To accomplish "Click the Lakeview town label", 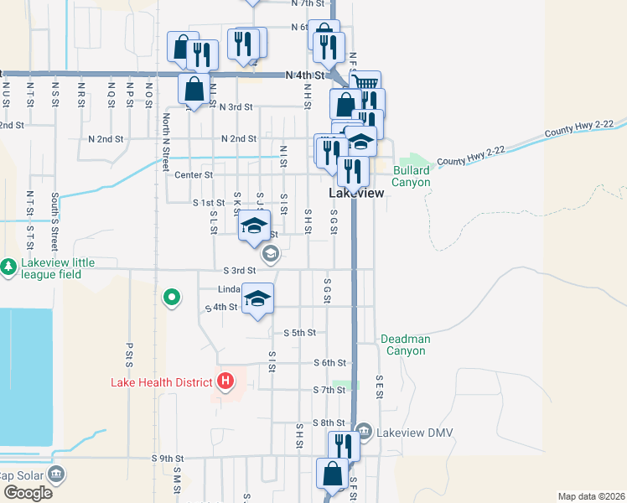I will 357,193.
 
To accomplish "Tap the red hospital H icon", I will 225,382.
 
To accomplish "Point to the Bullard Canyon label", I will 411,176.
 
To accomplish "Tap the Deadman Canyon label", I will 405,345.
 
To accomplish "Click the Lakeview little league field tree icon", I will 9,267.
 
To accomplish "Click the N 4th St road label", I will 304,75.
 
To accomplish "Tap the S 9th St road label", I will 167,459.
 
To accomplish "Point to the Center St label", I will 194,175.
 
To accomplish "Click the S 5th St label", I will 299,333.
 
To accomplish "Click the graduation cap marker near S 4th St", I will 257,299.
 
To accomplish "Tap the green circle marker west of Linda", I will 172,297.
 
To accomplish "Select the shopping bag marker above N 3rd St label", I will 194,88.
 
